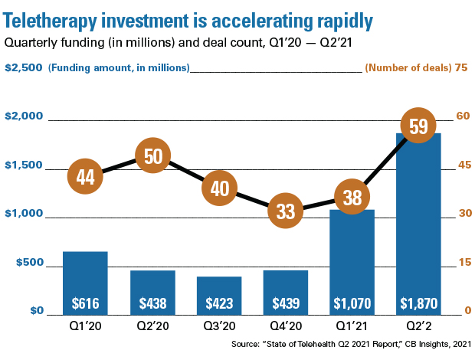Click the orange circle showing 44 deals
pyautogui.click(x=85, y=177)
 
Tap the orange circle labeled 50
pyautogui.click(x=153, y=156)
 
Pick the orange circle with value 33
pyautogui.click(x=286, y=211)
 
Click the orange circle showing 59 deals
pyautogui.click(x=418, y=126)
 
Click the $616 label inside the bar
pyautogui.click(x=85, y=303)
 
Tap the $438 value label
pyautogui.click(x=152, y=303)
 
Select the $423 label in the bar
pyautogui.click(x=219, y=303)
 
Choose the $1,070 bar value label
pyautogui.click(x=352, y=303)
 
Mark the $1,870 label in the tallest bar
pyautogui.click(x=418, y=303)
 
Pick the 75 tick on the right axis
pyautogui.click(x=461, y=67)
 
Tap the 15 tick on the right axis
pyautogui.click(x=462, y=263)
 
